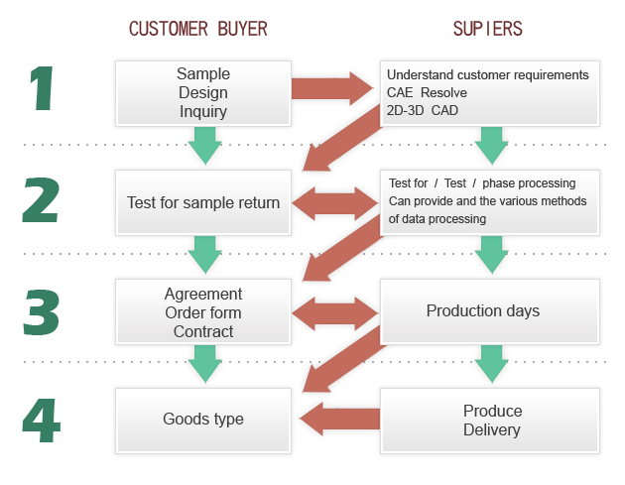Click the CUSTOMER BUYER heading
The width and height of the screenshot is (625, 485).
198,29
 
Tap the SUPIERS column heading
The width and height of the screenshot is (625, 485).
487,29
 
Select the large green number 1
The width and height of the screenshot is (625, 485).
42,88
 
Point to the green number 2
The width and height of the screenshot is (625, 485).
41,199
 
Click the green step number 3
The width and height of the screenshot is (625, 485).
42,312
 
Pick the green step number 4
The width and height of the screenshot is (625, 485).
42,421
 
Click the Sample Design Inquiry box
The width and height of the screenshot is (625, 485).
203,93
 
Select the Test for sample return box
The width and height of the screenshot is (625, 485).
203,202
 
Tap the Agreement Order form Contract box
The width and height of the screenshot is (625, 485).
203,311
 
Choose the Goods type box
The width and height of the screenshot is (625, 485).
203,421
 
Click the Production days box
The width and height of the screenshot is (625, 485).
490,311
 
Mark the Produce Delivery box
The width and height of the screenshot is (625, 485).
490,421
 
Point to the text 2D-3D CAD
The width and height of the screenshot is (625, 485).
422,110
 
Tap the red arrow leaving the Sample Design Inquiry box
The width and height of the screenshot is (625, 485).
332,88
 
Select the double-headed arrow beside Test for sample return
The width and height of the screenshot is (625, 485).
335,203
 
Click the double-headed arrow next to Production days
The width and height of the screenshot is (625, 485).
335,313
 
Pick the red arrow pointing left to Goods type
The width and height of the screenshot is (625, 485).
339,419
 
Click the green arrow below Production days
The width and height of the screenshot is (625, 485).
491,364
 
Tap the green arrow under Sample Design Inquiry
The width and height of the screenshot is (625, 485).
205,146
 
